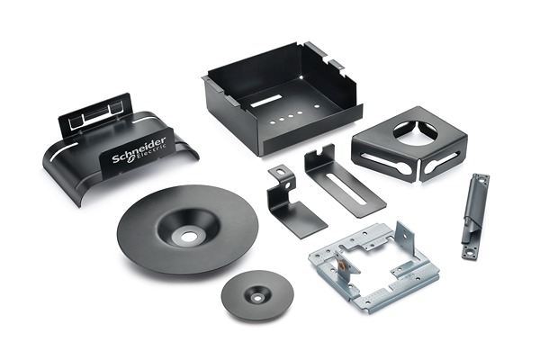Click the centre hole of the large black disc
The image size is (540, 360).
pyautogui.click(x=189, y=237)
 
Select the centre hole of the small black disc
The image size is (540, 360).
pyautogui.click(x=257, y=297)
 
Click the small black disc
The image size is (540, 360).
pyautogui.click(x=257, y=296)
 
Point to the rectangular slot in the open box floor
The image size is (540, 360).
pyautogui.click(x=266, y=100)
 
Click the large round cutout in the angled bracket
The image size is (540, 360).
pyautogui.click(x=414, y=134)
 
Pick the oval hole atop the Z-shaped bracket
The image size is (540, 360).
pyautogui.click(x=282, y=170)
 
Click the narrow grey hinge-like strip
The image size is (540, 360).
pyautogui.click(x=475, y=216)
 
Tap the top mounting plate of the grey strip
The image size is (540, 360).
pyautogui.click(x=481, y=179)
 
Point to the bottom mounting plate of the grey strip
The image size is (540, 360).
pyautogui.click(x=470, y=252)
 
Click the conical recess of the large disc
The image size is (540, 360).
pyautogui.click(x=188, y=229)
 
